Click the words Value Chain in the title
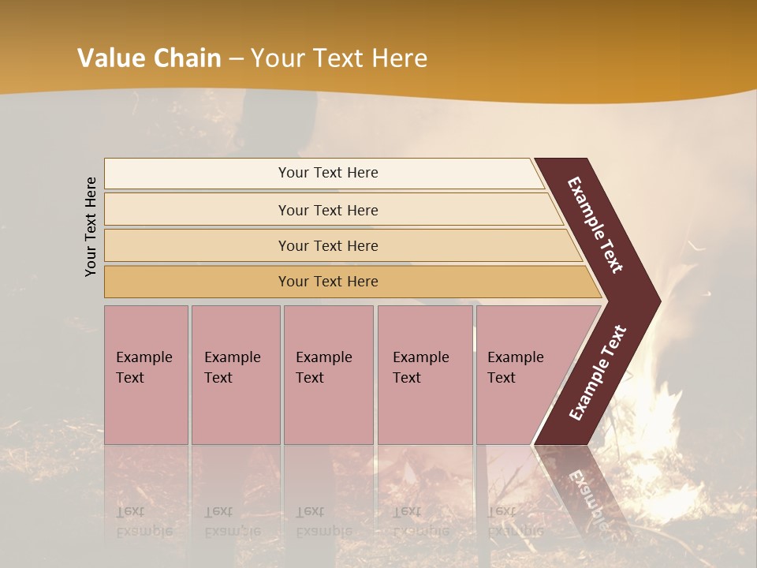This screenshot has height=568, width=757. point(149,58)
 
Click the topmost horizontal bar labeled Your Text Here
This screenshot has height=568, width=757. point(328,173)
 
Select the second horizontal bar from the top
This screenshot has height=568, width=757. point(328,210)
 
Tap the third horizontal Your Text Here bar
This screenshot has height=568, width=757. point(328,245)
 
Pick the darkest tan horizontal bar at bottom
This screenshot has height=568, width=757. point(328,282)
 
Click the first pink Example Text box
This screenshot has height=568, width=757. point(146,374)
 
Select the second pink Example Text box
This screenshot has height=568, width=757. point(235,374)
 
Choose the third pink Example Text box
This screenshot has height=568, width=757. point(328,374)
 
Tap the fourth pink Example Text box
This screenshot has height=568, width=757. point(424,374)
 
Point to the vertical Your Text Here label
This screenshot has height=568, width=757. point(91,226)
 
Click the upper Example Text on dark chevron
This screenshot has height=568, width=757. point(595,225)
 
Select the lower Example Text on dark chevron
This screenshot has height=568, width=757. point(598,372)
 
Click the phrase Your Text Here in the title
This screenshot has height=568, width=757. point(339,58)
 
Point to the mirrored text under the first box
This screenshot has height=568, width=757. point(144,521)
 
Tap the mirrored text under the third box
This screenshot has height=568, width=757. point(324,521)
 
